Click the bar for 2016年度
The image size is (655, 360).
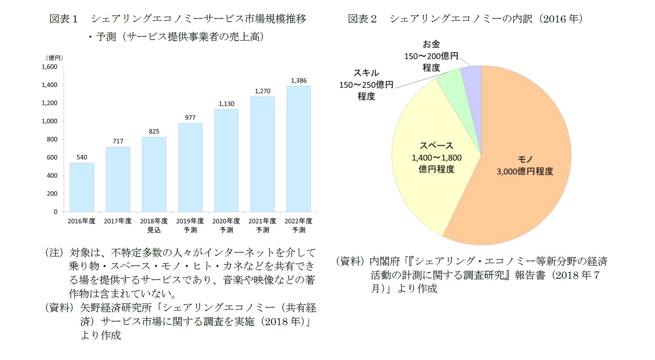pos(82,187)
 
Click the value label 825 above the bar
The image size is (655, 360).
pos(154,131)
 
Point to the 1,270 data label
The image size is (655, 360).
pos(262,91)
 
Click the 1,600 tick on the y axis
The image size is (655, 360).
pos(49,67)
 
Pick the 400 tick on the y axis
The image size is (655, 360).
pos(52,176)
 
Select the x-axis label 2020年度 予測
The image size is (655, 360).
pos(226,225)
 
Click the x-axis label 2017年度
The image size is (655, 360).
pos(117,221)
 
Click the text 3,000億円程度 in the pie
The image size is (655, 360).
pos(524,171)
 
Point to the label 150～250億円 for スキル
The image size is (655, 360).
pos(366,85)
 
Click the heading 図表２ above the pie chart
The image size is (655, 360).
pos(362,19)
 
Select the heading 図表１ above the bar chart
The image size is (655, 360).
pos(64,19)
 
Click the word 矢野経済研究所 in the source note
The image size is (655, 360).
pos(116,308)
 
